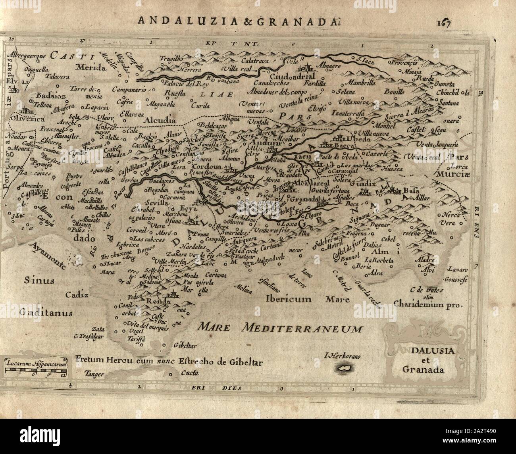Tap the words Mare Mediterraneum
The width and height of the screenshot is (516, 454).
[x=280, y=328]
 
